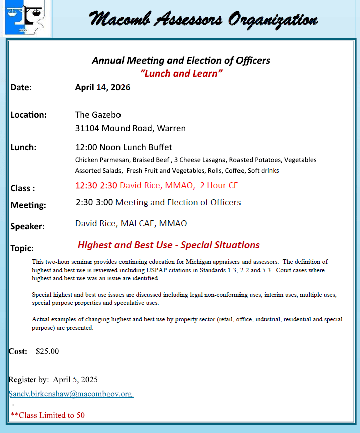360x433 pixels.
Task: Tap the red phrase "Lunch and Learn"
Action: click(181, 73)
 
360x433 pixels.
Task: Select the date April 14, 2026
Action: click(102, 87)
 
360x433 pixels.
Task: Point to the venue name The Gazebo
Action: click(98, 115)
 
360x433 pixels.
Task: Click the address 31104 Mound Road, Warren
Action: click(130, 128)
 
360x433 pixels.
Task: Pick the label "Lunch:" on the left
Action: click(23, 147)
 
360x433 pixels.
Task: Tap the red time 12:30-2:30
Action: click(96, 185)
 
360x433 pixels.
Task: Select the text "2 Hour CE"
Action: click(219, 185)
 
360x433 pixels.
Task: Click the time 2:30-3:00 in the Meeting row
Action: click(94, 202)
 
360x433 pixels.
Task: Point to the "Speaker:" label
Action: click(27, 226)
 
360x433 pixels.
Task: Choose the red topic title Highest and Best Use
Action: click(168, 245)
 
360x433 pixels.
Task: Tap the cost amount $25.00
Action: click(47, 351)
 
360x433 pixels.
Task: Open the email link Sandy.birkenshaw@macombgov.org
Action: click(71, 394)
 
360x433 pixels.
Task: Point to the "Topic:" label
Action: click(22, 248)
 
